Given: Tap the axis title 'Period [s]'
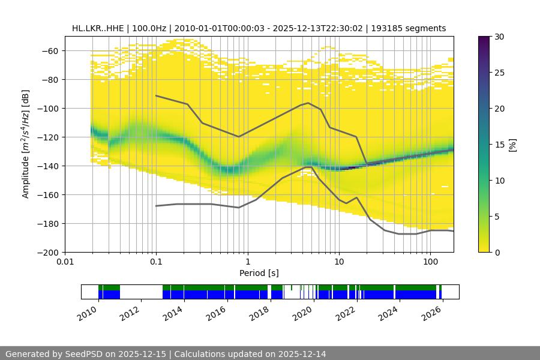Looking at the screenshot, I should click(x=259, y=273).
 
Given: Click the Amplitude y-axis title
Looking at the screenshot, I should click(x=26, y=144).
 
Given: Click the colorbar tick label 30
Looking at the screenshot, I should click(x=499, y=37).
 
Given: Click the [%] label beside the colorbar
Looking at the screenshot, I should click(x=512, y=145).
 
